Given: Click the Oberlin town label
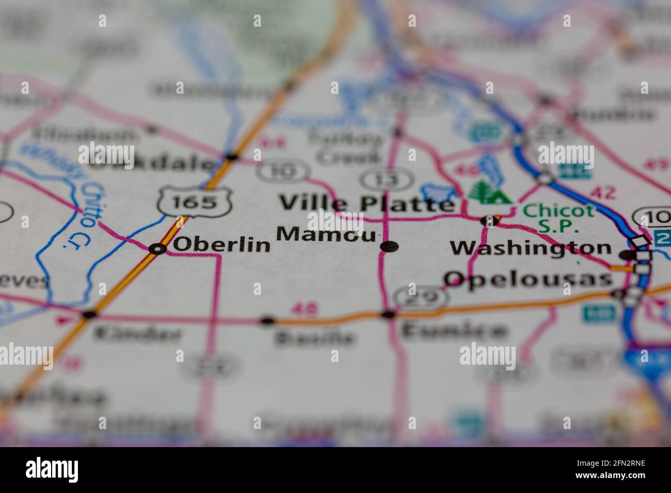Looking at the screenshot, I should pyautogui.click(x=221, y=244).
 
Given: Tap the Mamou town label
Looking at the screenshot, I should pyautogui.click(x=326, y=235).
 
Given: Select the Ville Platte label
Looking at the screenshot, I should pyautogui.click(x=366, y=203).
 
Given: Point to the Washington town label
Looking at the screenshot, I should pyautogui.click(x=531, y=248).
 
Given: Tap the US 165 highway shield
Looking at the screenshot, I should pyautogui.click(x=195, y=201).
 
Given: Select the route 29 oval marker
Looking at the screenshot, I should pyautogui.click(x=420, y=298).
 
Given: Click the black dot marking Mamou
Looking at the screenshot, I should pyautogui.click(x=389, y=247).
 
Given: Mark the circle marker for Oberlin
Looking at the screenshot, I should pyautogui.click(x=157, y=249).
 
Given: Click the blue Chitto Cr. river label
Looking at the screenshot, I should pyautogui.click(x=86, y=211).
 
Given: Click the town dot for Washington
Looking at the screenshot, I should pyautogui.click(x=627, y=255).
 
